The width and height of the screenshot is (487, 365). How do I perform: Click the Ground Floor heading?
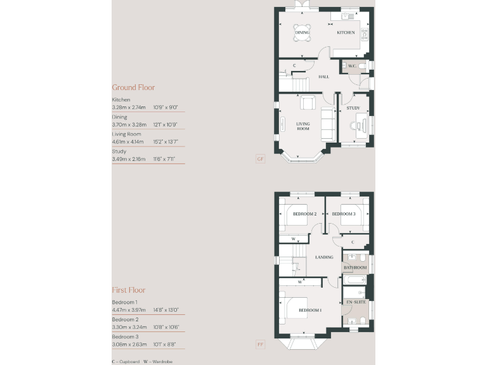click(x=133, y=87)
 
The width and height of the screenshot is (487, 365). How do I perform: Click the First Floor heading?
click(x=129, y=290)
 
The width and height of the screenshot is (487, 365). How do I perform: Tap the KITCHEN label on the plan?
click(x=346, y=32)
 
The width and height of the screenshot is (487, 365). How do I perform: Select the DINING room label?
click(x=302, y=32)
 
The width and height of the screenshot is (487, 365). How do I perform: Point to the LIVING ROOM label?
click(x=303, y=126)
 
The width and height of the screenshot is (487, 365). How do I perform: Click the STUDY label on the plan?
click(x=353, y=108)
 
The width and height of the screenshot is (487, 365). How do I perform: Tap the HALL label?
click(x=324, y=77)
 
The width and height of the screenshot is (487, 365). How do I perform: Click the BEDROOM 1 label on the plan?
click(x=310, y=310)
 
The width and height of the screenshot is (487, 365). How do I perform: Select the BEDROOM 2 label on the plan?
click(x=304, y=214)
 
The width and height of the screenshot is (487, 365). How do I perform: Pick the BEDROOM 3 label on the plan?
click(x=343, y=214)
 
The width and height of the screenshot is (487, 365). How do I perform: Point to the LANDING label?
click(x=324, y=257)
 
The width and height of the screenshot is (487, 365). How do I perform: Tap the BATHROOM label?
click(x=356, y=268)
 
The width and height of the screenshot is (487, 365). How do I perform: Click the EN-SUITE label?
click(x=354, y=302)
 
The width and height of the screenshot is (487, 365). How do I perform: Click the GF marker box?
click(x=260, y=159)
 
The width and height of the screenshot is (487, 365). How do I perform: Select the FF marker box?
click(x=260, y=345)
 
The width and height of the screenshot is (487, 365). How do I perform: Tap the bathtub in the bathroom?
click(x=356, y=279)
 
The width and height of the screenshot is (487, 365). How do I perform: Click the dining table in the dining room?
click(x=302, y=32)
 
